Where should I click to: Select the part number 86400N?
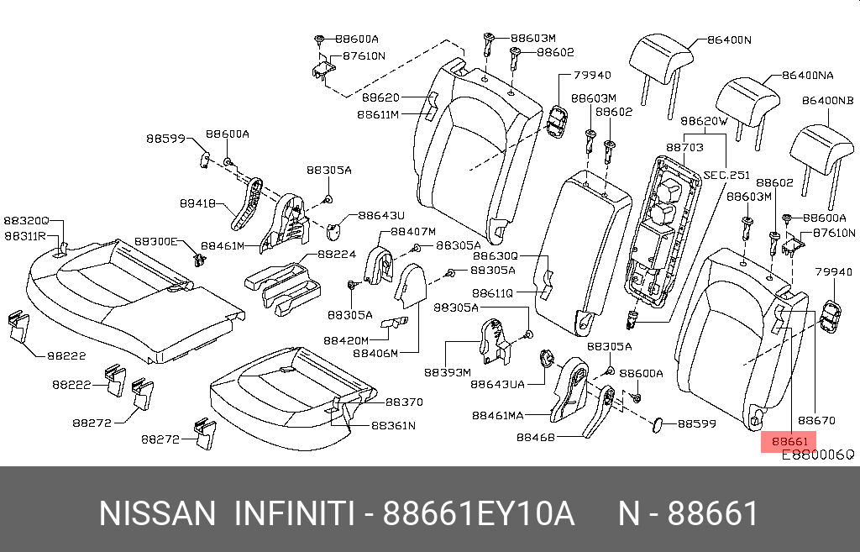pos(728,39)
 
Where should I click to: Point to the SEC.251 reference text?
pos(726,175)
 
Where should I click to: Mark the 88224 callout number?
pos(337,254)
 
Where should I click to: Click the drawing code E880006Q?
pos(817,455)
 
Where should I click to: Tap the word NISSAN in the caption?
pos(157,513)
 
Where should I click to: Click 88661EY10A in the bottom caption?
pos(479,513)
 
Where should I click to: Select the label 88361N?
pos(393,425)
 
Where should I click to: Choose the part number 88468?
pos(534,437)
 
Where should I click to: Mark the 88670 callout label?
pos(816,419)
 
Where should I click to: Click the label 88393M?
pos(447,372)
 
